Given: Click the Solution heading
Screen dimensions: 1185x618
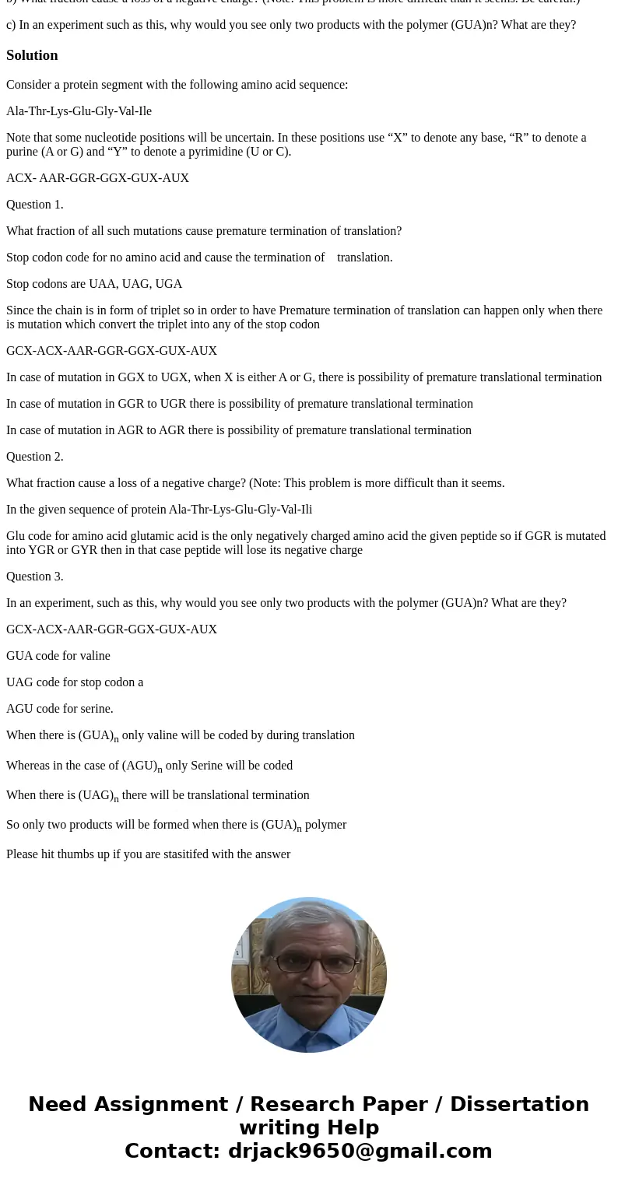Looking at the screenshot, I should coord(32,55).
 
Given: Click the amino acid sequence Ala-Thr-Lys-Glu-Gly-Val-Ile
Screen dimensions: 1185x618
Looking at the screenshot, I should coord(79,111).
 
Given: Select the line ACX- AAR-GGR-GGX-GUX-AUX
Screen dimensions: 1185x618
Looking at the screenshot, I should coord(97,178).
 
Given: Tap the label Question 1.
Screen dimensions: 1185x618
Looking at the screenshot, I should coord(35,205).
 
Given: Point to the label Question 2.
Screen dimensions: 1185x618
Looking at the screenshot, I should coord(35,457).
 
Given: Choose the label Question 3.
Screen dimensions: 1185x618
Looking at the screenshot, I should coord(35,577).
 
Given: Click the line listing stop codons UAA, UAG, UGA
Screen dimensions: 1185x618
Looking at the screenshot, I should coord(94,284).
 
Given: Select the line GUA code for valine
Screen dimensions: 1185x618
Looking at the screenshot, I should coord(58,656).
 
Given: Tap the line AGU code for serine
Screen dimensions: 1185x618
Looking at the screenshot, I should coord(60,709).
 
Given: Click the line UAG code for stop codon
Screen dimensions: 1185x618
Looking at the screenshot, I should coord(75,682).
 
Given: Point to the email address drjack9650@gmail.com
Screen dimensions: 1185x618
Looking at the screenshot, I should coord(360,1151).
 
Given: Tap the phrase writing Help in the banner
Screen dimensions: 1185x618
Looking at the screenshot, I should coord(309,1127).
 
